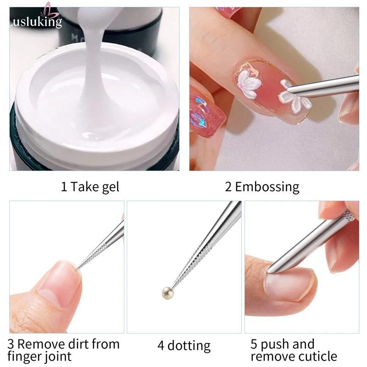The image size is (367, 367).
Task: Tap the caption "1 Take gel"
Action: coord(90,187)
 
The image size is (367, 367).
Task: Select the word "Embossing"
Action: coord(267,187)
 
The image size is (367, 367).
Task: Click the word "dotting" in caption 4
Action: coord(189,346)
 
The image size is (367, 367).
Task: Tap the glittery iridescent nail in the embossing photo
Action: coord(206,115)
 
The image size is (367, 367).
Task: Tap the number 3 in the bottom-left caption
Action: coord(11,345)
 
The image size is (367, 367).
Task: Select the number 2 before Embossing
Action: coord(228,187)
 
